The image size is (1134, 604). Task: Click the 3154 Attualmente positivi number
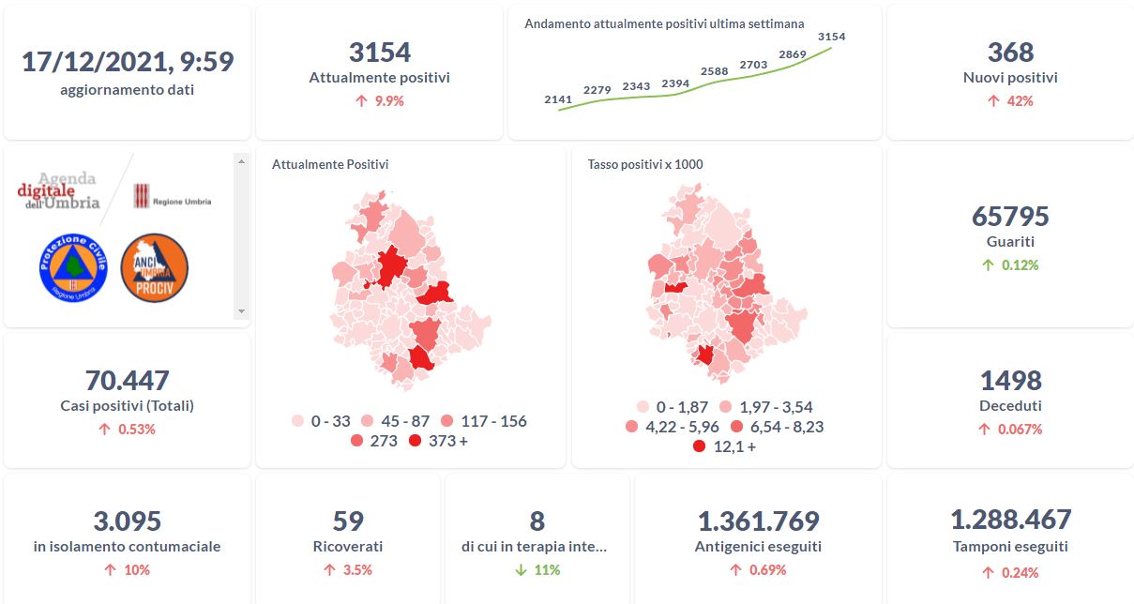[x=379, y=53]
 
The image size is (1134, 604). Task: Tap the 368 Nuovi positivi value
[x=1010, y=53]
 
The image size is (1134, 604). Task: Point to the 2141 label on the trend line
[x=558, y=98]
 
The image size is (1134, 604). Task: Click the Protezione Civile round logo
[x=73, y=267]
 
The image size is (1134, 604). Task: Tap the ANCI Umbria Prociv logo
[x=155, y=267]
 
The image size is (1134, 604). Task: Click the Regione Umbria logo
[x=172, y=197]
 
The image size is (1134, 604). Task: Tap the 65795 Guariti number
[x=1010, y=217]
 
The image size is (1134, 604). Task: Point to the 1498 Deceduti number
[x=1010, y=381]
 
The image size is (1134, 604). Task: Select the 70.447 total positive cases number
[x=127, y=381]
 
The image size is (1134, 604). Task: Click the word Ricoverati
[x=348, y=546]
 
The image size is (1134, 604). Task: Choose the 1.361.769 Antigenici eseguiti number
[x=758, y=521]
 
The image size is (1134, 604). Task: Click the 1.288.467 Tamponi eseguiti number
[x=1010, y=520]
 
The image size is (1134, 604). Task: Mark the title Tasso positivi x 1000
[x=645, y=164]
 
